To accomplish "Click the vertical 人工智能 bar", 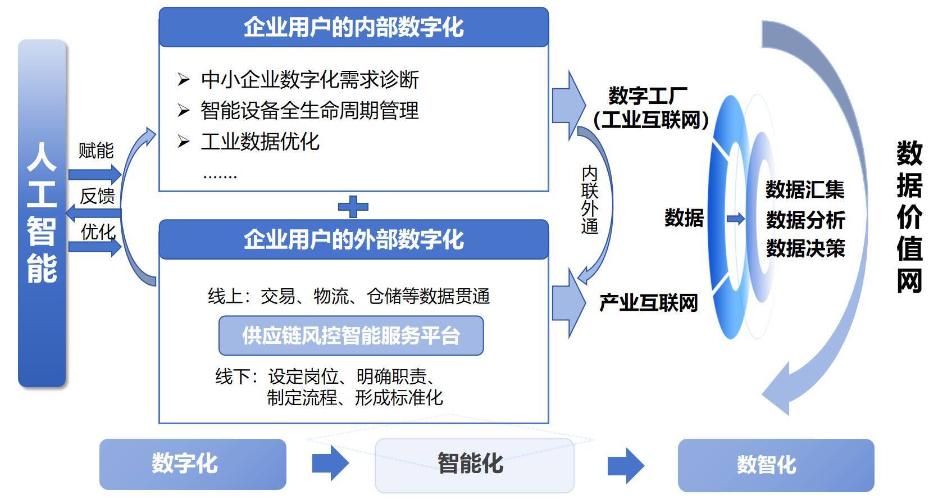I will [x=42, y=214].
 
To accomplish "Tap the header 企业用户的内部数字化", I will [x=353, y=27].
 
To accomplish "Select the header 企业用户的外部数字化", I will [x=353, y=239].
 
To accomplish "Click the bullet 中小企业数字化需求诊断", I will [x=309, y=80].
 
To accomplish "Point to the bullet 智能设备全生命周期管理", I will [x=309, y=111].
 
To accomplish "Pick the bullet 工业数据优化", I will [x=259, y=142].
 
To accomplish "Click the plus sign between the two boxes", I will [x=353, y=206].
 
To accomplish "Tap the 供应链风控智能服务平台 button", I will [x=351, y=335].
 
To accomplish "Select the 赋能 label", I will [x=96, y=151].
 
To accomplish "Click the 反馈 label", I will [x=97, y=196].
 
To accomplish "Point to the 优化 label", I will [x=98, y=231].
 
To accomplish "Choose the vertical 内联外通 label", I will [x=590, y=199].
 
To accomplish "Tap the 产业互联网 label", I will [x=649, y=303].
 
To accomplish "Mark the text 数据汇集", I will [x=805, y=190].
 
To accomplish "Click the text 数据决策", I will [x=805, y=248].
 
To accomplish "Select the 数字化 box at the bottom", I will [x=193, y=464].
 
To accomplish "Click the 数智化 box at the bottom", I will [x=776, y=465].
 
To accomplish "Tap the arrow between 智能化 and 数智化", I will [x=625, y=465].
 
